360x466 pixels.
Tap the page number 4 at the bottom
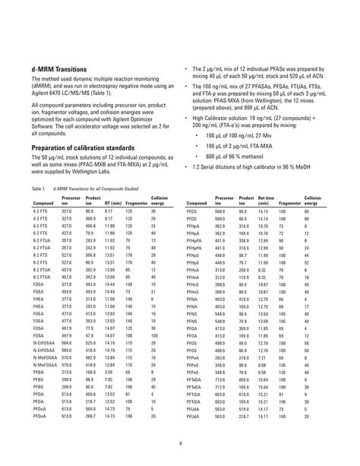[x=180, y=444]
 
